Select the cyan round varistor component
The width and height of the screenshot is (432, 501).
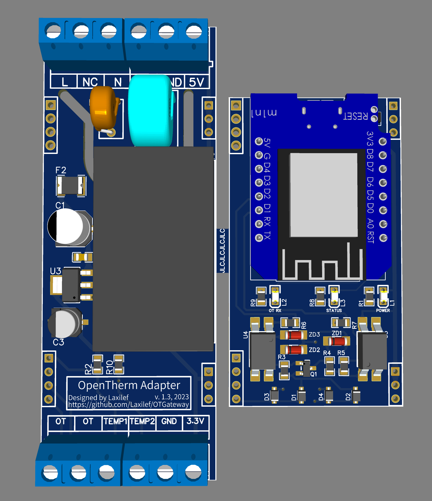(150, 110)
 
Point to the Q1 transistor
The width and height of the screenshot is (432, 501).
(306, 368)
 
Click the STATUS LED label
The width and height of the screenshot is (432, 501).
(334, 310)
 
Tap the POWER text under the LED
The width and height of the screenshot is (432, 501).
(383, 310)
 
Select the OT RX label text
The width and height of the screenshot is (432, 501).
(275, 310)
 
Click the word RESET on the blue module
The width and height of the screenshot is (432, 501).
(355, 116)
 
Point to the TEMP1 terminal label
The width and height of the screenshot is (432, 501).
(115, 421)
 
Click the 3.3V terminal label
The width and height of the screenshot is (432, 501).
(195, 421)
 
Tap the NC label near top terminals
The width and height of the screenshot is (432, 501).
(90, 82)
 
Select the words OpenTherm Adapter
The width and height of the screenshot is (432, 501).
(129, 385)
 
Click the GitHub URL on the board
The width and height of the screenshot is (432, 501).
(128, 405)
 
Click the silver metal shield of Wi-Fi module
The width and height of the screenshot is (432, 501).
(324, 195)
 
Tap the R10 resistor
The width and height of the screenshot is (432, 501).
(119, 364)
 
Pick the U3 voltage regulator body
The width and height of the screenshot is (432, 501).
(71, 285)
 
